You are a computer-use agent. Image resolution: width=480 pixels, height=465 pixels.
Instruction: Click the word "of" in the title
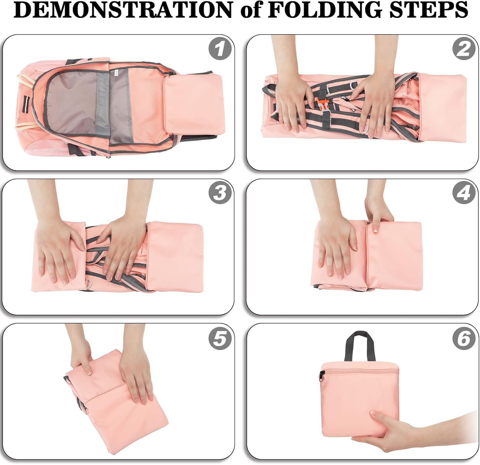pyautogui.click(x=250, y=11)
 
